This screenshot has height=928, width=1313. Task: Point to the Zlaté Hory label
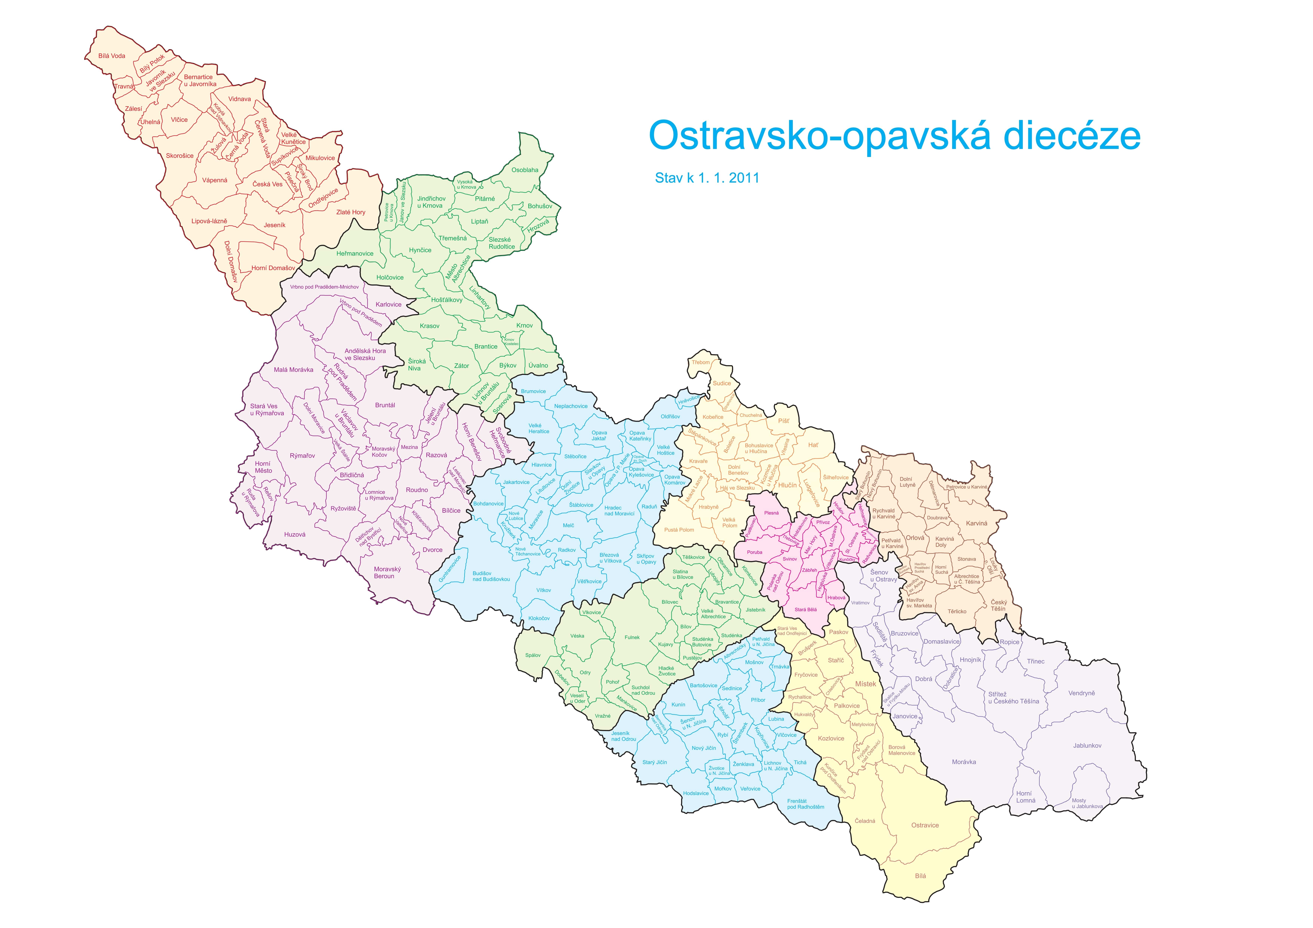[x=351, y=212]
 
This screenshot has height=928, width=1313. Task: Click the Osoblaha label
[x=525, y=170]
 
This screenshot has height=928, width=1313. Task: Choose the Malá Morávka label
[x=293, y=370]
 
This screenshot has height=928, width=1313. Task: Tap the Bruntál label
[x=385, y=405]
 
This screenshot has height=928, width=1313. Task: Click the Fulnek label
[x=632, y=637]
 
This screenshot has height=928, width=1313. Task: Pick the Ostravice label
[x=925, y=825]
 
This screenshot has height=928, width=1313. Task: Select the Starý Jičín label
[x=654, y=762]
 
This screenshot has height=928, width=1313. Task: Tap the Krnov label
[x=524, y=326]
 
